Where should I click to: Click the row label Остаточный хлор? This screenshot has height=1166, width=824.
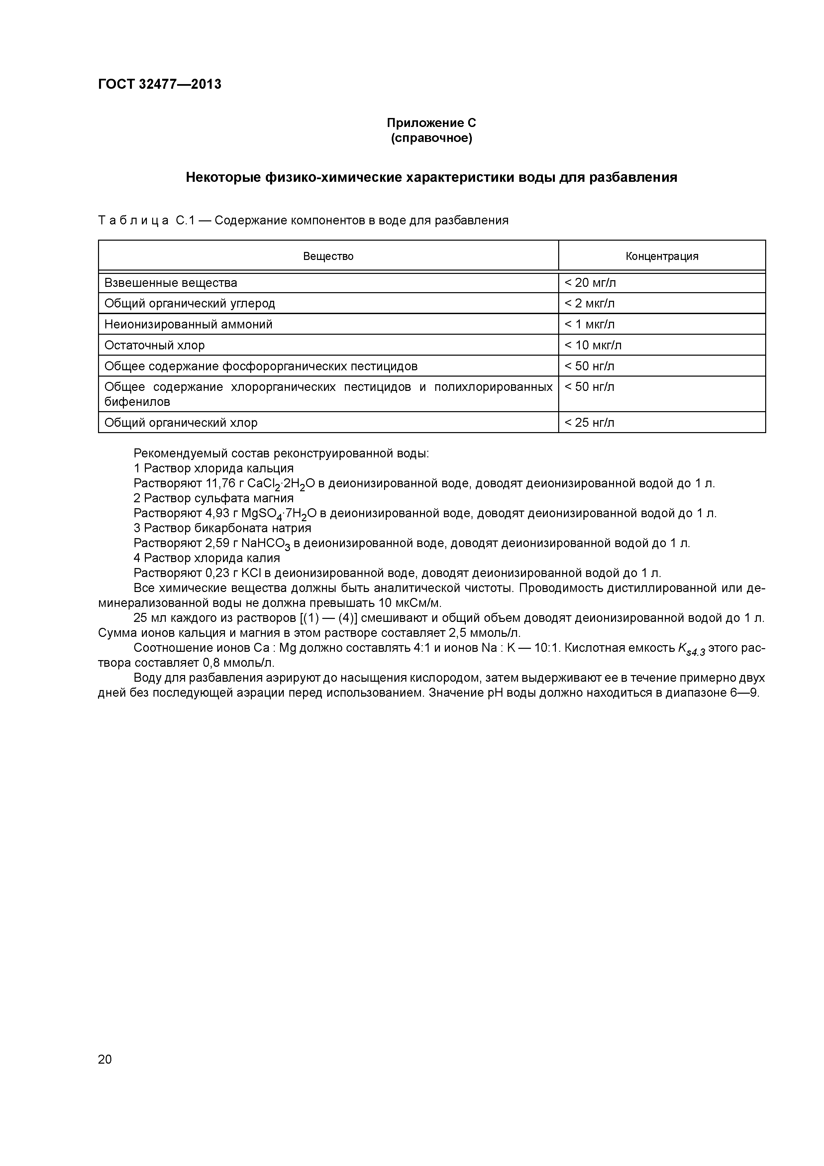point(154,345)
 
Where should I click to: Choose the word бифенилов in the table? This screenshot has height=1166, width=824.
point(137,402)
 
